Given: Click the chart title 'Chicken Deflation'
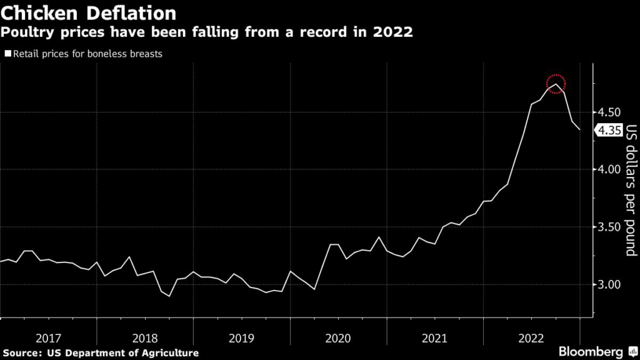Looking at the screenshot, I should pos(88,12).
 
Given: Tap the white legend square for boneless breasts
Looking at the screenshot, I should pos(7,54).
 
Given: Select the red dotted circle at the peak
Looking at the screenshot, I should pos(556,83).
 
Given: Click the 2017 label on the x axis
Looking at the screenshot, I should pos(48,338).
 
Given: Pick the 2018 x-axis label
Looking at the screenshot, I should pos(145,338).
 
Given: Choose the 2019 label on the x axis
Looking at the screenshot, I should pos(241,338).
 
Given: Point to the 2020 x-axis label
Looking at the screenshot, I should pos(338,338).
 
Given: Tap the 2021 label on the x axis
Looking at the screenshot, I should pos(435,338).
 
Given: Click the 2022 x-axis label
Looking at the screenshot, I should pos(531,338).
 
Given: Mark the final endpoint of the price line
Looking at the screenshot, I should pos(579,129).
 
